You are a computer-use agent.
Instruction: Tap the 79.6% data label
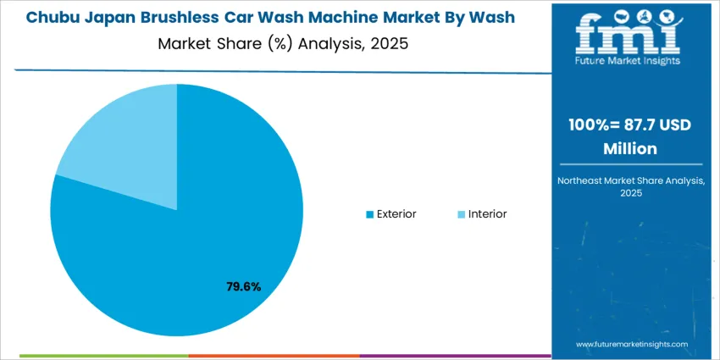243,287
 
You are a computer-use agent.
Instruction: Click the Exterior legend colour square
369,214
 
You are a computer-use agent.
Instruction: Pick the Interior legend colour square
461,214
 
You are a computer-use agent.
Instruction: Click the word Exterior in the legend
396,214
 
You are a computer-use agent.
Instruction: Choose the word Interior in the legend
487,214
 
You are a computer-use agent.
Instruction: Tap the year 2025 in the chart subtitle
390,43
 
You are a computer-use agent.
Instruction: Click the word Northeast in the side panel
584,180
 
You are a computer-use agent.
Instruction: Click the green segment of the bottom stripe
102,357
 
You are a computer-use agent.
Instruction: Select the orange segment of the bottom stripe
273,357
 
